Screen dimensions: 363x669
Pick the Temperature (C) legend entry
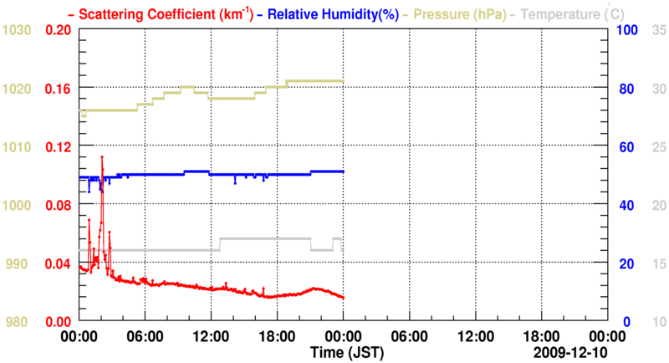565,14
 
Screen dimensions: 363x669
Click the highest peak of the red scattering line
102,156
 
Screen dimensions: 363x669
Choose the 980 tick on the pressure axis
17,322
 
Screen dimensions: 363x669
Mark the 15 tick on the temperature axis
658,263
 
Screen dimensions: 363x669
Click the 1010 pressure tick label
17,146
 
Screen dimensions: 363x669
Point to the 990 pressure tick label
17,263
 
